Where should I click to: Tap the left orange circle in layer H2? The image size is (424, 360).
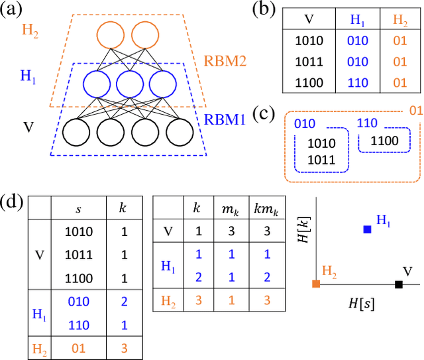110,35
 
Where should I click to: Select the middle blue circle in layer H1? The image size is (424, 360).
129,85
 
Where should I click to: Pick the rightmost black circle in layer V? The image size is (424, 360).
180,133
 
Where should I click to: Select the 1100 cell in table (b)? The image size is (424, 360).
309,83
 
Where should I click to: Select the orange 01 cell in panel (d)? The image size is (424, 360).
79,345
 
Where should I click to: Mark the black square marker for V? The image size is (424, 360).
398,284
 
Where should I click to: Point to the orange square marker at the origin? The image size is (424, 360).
316,284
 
